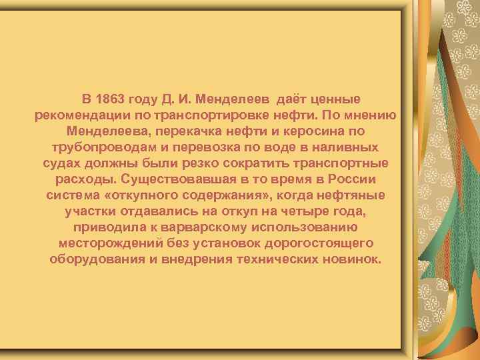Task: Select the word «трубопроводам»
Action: [x=103, y=148]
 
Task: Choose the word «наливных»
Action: [x=349, y=148]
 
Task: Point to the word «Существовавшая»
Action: [x=175, y=180]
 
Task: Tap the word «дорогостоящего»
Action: [x=319, y=244]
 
